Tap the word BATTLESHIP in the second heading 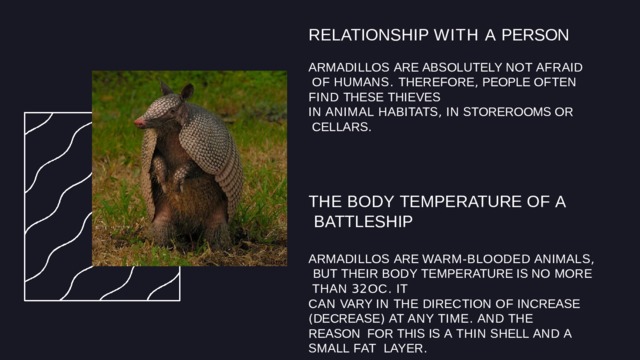(363, 220)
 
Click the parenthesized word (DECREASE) (348, 318)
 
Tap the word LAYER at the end (406, 349)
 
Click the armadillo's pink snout (140, 121)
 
